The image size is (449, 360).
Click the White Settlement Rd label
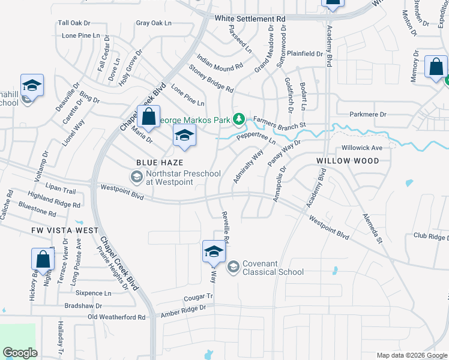250,19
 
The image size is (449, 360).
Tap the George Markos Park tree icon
239,119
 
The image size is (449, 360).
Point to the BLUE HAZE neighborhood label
159,163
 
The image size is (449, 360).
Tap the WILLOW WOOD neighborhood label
348,161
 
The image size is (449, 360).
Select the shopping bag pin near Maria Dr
148,116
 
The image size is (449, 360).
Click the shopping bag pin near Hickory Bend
43,260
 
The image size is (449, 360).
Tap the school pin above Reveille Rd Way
214,252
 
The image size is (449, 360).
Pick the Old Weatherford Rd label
116,317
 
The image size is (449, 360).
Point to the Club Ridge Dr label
430,236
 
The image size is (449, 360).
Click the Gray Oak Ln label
154,23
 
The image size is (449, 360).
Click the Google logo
20,352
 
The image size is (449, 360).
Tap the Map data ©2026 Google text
412,355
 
